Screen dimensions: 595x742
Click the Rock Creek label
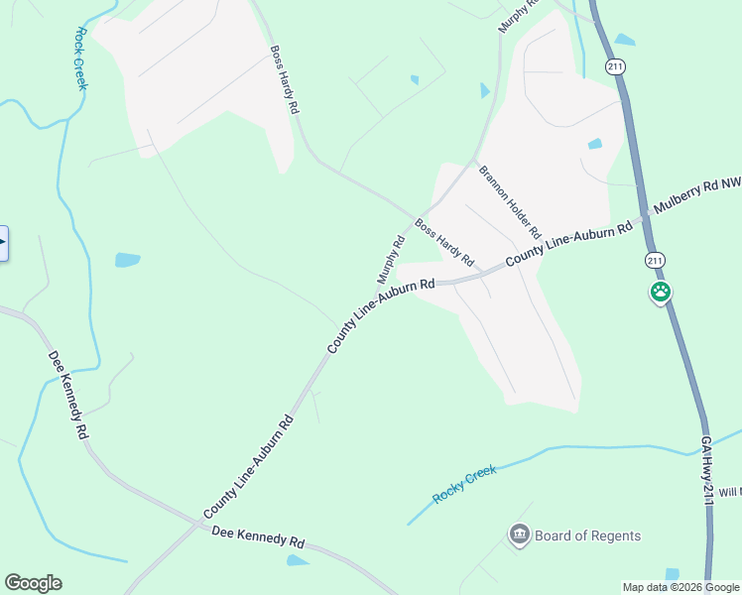pos(80,57)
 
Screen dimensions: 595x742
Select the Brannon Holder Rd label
pos(510,202)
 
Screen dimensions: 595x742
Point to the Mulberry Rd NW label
pos(694,198)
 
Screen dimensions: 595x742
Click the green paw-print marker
pos(661,293)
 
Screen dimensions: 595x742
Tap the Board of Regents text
pos(587,536)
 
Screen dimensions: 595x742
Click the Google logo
pos(34,583)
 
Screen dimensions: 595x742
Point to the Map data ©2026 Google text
pos(680,587)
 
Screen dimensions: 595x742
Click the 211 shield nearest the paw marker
pos(654,260)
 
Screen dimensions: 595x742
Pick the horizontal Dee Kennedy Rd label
pos(258,538)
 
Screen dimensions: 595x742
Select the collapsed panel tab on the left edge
pos(3,243)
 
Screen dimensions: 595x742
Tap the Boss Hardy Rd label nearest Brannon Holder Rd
pos(444,243)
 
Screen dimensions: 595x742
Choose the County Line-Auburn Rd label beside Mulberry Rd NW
pos(568,243)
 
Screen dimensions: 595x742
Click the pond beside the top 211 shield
pos(625,41)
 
